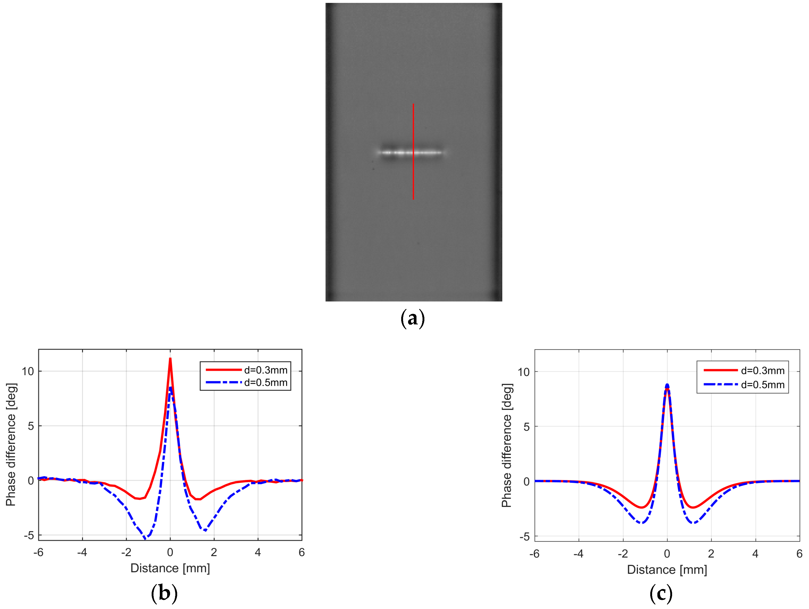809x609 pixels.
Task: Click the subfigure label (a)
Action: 413,318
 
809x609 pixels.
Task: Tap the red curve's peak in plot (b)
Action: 170,359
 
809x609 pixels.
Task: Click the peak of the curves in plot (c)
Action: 667,385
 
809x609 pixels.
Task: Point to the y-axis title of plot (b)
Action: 11,444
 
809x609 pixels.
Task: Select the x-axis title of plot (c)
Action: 667,570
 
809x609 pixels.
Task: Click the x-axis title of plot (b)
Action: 170,568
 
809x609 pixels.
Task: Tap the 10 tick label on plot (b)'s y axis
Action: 28,371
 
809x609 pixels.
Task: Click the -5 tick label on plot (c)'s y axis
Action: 524,537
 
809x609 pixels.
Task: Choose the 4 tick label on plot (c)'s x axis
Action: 755,554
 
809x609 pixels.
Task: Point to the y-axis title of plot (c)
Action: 507,445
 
